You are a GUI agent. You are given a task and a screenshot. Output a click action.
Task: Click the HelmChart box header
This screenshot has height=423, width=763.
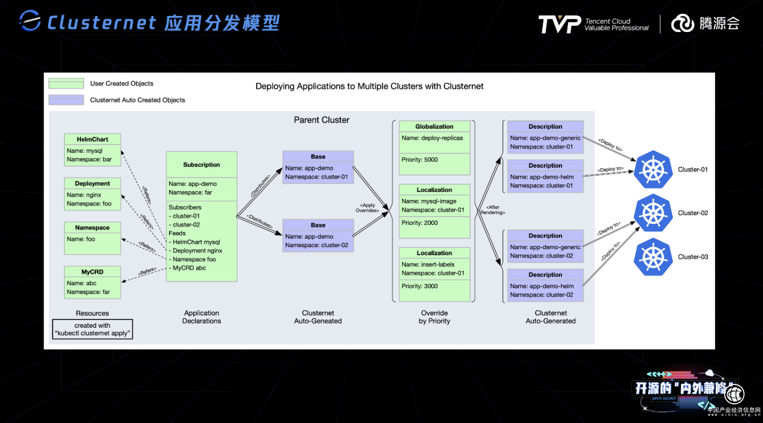[x=92, y=139]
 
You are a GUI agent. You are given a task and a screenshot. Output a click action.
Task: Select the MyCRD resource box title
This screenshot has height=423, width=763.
[x=92, y=272]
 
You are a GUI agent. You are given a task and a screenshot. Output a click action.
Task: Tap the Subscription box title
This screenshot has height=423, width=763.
[x=201, y=164]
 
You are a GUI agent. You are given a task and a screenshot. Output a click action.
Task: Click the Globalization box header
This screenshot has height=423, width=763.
[x=434, y=127]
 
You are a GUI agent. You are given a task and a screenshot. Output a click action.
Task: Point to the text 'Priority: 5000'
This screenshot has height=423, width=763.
[x=419, y=160]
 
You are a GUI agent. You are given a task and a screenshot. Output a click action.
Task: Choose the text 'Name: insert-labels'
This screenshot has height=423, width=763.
[x=428, y=265]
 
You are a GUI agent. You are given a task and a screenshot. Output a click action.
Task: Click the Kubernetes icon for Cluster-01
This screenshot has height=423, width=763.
[x=653, y=169]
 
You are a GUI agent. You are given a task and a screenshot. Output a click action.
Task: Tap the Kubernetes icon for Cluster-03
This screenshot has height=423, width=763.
[x=653, y=257]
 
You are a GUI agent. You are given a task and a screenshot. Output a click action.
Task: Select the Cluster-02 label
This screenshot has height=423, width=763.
[x=693, y=213]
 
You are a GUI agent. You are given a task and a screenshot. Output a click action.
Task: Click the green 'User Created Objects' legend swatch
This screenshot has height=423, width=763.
[x=66, y=84]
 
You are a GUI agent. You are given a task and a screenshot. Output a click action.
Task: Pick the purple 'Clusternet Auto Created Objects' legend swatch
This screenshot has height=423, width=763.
[x=66, y=100]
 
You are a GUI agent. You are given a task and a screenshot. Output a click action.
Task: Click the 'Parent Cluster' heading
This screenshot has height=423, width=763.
[x=321, y=120]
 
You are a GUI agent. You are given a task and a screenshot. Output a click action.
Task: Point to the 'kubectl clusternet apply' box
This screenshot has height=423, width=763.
[x=92, y=329]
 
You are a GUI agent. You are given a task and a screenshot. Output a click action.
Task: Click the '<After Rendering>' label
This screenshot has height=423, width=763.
[x=492, y=209]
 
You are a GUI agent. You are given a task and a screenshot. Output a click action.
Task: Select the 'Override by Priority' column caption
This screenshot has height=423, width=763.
[x=434, y=317]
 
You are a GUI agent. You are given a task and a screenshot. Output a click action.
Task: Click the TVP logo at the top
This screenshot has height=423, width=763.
[x=559, y=24]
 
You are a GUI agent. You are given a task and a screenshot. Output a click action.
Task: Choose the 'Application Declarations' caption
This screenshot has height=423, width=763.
[x=201, y=317]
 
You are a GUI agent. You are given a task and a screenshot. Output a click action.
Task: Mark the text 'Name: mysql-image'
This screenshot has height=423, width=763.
[x=429, y=201]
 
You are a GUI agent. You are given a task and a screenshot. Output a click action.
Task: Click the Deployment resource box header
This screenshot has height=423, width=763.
[x=92, y=183]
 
